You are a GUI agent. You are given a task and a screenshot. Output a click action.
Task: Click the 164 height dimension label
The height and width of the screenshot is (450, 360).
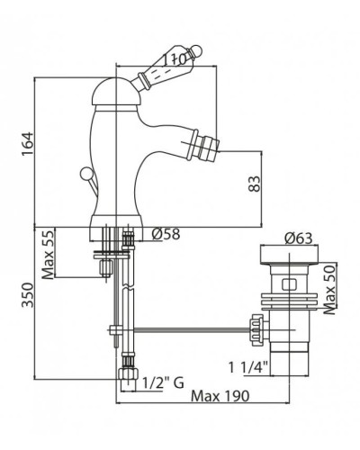point(27,143)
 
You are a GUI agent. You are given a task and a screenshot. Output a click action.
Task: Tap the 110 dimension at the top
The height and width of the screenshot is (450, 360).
point(175,59)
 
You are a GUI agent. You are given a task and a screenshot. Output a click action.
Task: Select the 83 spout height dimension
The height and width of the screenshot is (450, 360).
point(255,184)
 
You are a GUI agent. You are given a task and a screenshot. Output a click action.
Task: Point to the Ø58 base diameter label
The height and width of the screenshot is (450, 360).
point(166,234)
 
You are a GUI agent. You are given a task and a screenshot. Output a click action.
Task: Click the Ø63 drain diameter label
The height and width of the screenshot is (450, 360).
point(298,238)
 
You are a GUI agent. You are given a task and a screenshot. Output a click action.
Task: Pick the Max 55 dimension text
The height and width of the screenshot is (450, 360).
point(49,254)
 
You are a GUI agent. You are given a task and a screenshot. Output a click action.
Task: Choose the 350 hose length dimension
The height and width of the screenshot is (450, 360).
point(28,295)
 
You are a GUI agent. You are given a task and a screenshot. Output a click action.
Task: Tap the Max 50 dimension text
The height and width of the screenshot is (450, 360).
point(330,289)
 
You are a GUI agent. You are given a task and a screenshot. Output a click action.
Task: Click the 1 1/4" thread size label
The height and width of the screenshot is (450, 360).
point(247,367)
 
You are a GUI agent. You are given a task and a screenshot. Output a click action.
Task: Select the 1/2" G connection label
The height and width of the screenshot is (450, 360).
point(163,382)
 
